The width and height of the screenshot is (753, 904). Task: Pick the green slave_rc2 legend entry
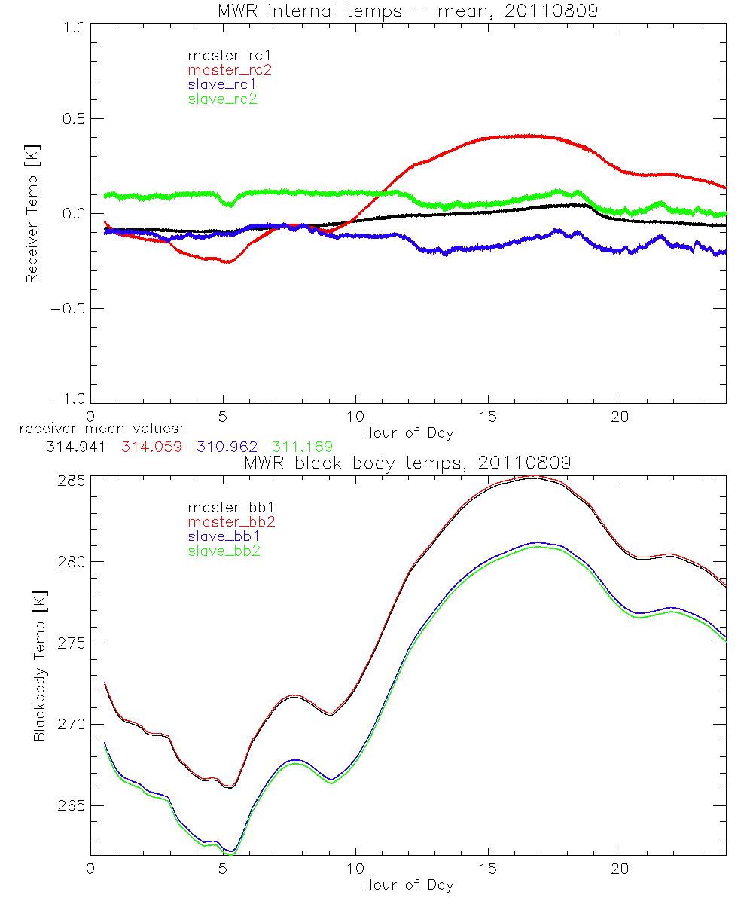pyautogui.click(x=222, y=99)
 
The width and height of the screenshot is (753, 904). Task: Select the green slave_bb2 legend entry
pyautogui.click(x=222, y=551)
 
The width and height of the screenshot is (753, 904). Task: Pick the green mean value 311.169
pyautogui.click(x=302, y=447)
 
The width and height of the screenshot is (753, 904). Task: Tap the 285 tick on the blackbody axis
pyautogui.click(x=72, y=481)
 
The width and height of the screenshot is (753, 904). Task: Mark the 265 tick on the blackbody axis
pyautogui.click(x=72, y=806)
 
